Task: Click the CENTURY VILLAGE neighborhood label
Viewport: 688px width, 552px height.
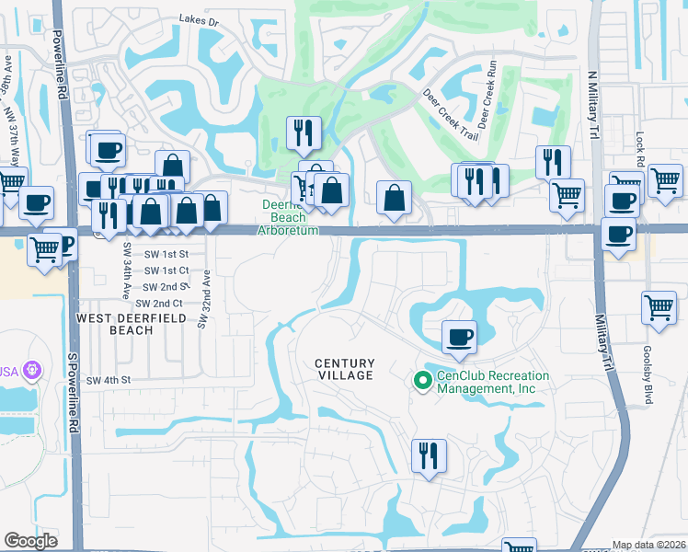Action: (345, 369)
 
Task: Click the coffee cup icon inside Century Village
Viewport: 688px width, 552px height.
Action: (458, 336)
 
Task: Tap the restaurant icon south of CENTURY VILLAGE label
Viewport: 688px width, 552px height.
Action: (429, 455)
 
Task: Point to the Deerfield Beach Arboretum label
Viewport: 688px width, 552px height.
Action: (290, 217)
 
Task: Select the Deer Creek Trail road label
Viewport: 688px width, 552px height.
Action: (450, 115)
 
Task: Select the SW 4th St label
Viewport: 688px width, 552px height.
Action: (109, 380)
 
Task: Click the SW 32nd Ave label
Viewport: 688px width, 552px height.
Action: (206, 296)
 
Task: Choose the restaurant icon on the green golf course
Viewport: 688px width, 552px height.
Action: (301, 133)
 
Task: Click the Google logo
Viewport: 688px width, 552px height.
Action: (30, 541)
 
